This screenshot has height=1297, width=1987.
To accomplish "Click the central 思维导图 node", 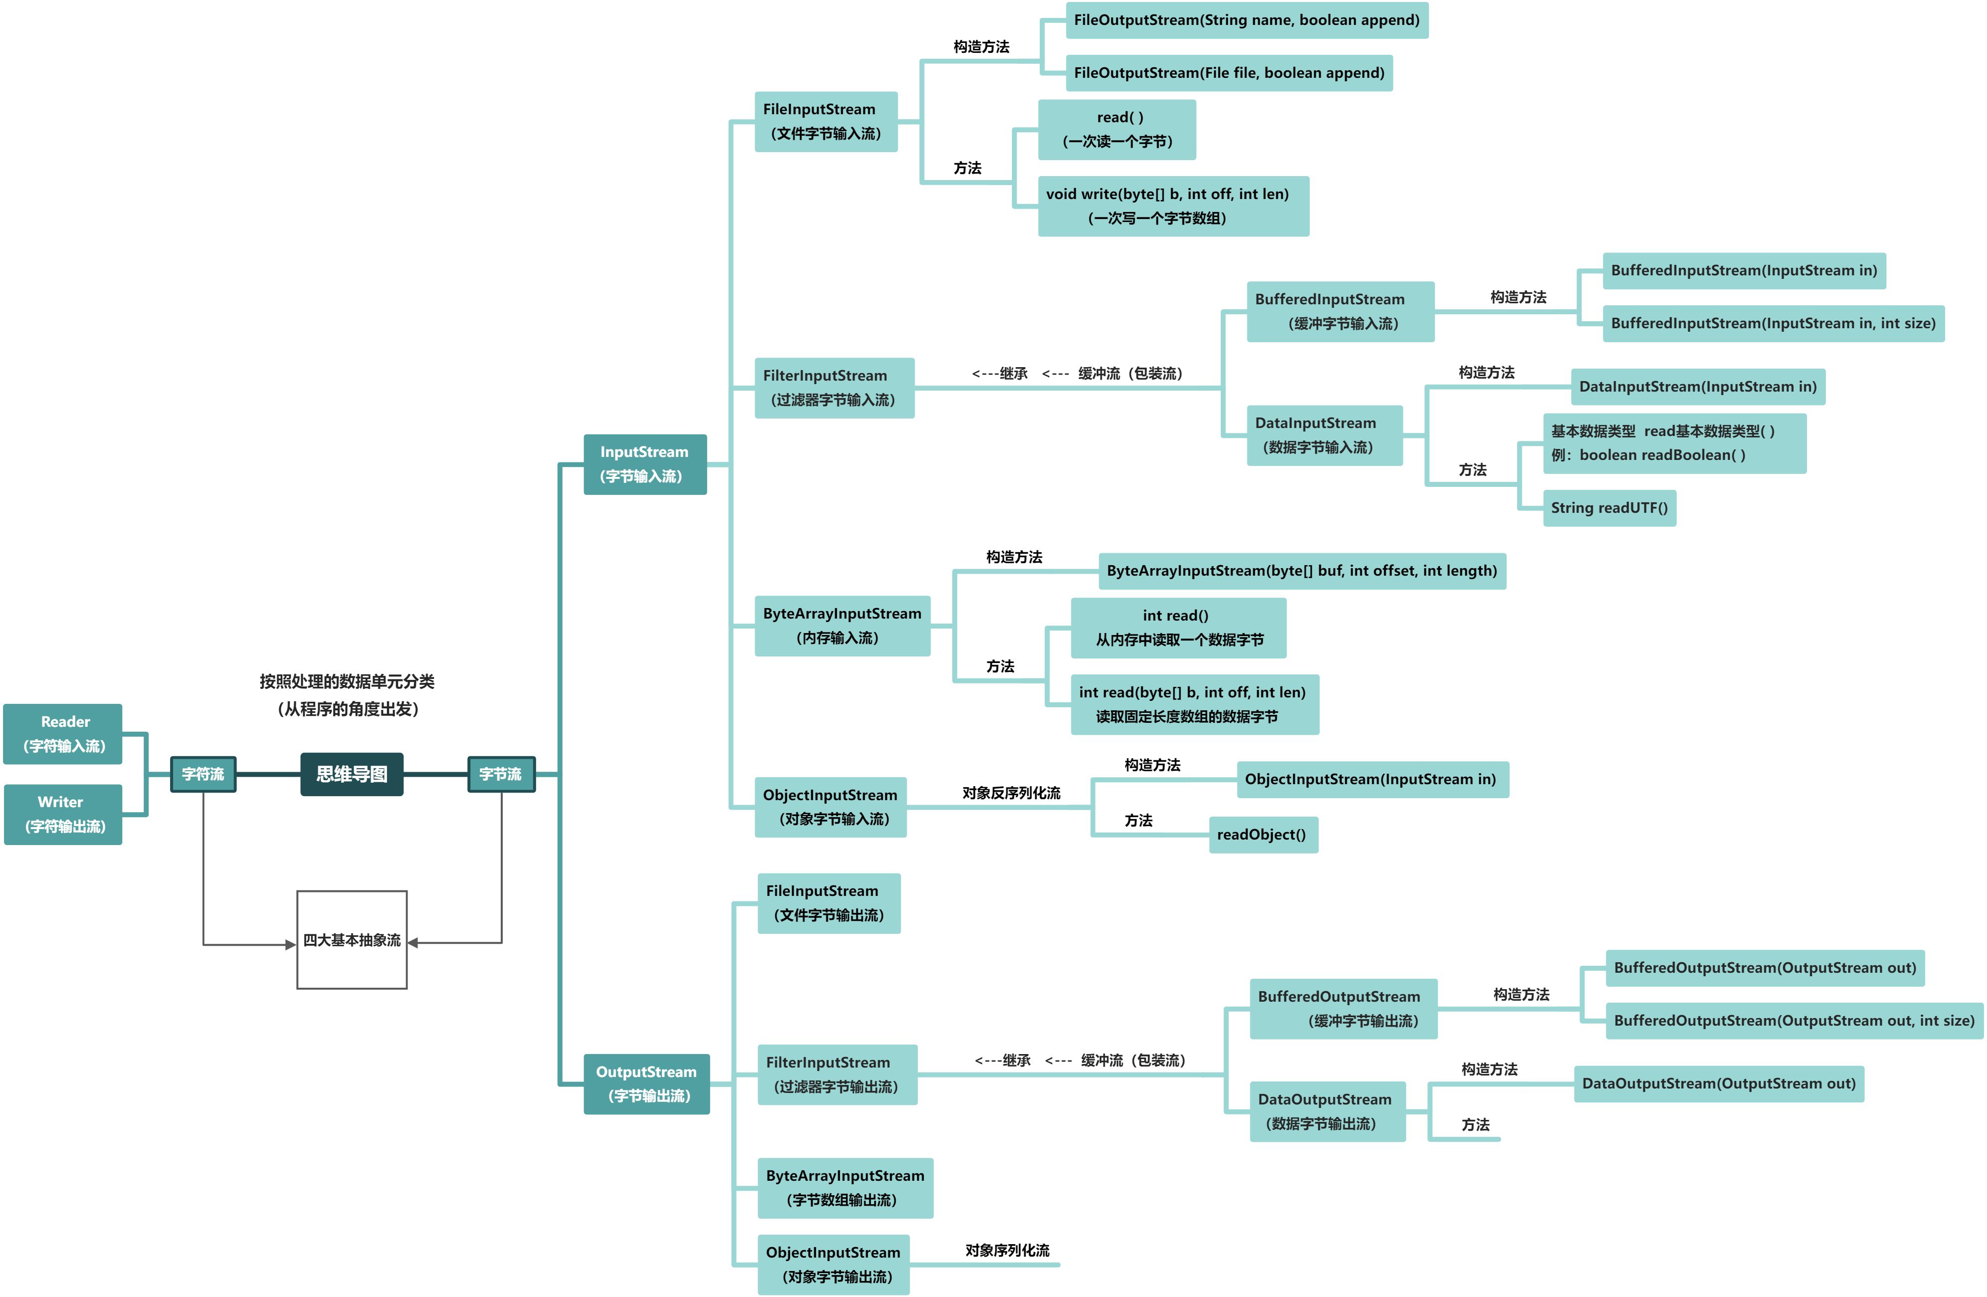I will [x=352, y=774].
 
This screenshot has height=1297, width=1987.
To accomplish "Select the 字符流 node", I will [x=203, y=774].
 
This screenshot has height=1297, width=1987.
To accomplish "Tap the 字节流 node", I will [x=501, y=774].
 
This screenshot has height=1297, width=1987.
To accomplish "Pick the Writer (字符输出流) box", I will [x=63, y=814].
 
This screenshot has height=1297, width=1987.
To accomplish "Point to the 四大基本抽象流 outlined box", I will [x=352, y=939].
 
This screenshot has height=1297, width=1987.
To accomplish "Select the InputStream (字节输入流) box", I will [x=644, y=464].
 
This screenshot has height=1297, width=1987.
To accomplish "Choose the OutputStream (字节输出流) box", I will [x=646, y=1084].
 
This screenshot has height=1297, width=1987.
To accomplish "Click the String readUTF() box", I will [x=1609, y=508].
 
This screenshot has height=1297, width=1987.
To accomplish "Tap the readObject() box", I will [x=1261, y=835].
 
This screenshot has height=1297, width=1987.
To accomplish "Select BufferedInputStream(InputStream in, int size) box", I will [x=1773, y=323].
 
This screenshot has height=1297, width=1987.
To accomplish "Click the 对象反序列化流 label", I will [x=1011, y=793].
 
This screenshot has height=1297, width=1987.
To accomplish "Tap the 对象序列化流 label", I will [x=1007, y=1250].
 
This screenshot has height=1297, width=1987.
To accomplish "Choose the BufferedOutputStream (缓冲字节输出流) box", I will [x=1343, y=1009].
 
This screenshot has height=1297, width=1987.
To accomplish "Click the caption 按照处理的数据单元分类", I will [x=347, y=681].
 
